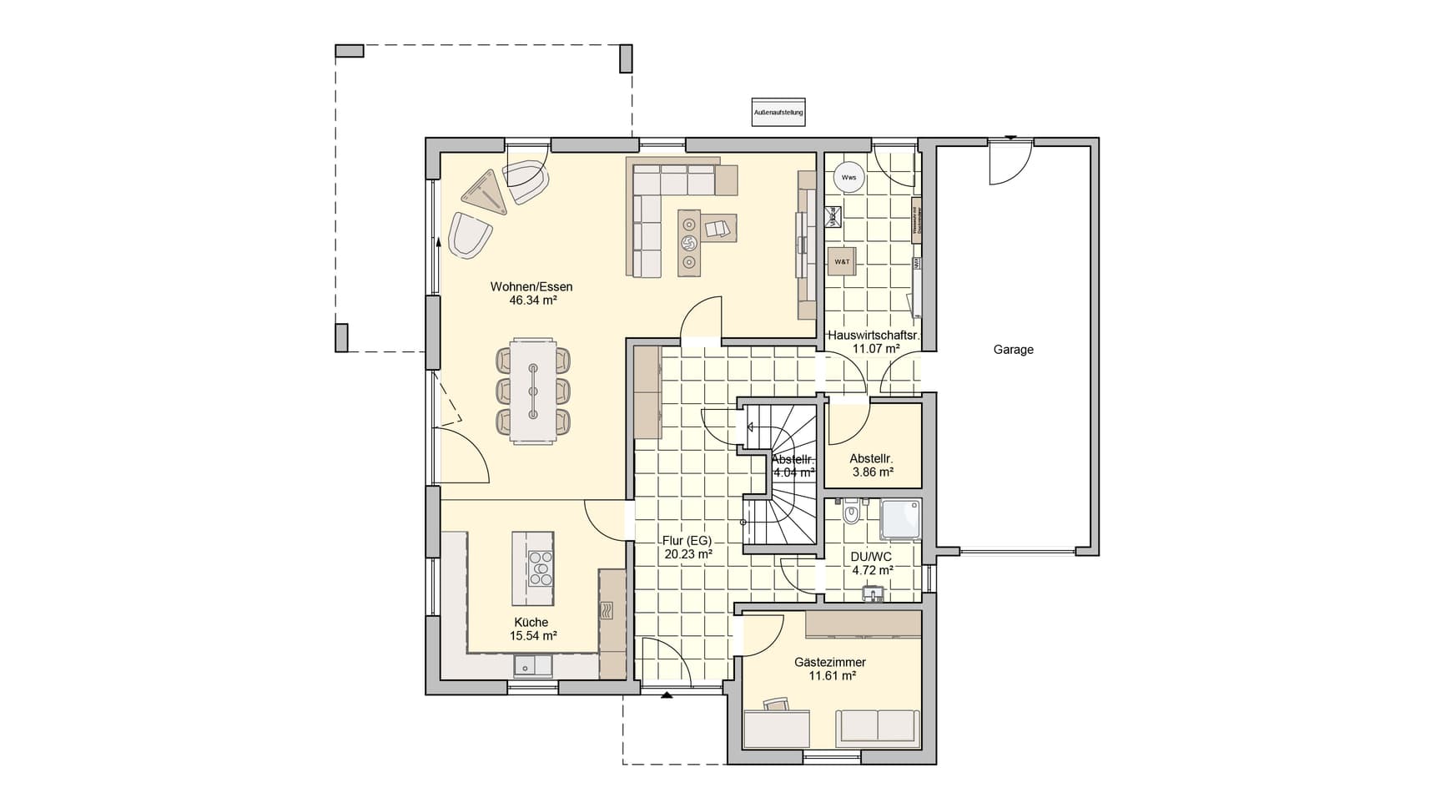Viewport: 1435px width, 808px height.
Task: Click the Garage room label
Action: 1013,350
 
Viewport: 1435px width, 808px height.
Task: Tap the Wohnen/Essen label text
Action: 531,287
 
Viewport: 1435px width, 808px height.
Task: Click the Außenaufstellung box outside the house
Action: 778,112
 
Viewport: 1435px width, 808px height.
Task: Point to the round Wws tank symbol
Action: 848,177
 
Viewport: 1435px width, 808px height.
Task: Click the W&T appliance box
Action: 842,261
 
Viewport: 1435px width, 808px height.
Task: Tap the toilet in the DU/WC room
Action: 851,512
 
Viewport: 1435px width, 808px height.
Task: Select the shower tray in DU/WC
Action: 901,519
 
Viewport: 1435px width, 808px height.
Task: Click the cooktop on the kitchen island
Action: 540,568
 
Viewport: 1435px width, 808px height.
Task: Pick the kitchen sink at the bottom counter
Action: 532,665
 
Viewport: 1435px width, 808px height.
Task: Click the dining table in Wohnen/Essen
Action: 533,391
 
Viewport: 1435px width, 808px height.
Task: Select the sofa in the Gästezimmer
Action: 878,726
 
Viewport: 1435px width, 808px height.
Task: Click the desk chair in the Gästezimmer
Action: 777,705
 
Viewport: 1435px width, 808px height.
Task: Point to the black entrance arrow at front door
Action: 666,694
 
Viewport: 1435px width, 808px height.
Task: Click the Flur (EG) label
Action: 687,540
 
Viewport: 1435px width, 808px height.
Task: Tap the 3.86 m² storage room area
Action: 873,472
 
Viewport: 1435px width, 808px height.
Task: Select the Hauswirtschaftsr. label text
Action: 874,336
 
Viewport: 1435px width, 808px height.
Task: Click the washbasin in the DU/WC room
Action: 873,593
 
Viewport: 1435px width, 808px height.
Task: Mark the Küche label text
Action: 531,623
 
